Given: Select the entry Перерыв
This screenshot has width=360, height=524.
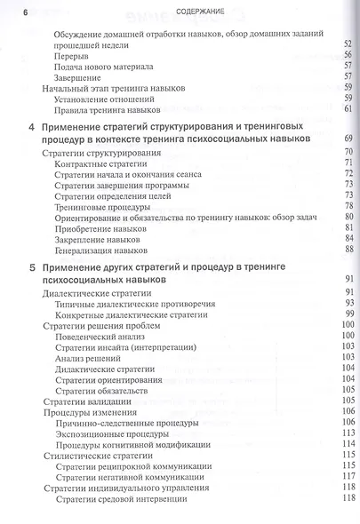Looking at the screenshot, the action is [72, 55].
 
